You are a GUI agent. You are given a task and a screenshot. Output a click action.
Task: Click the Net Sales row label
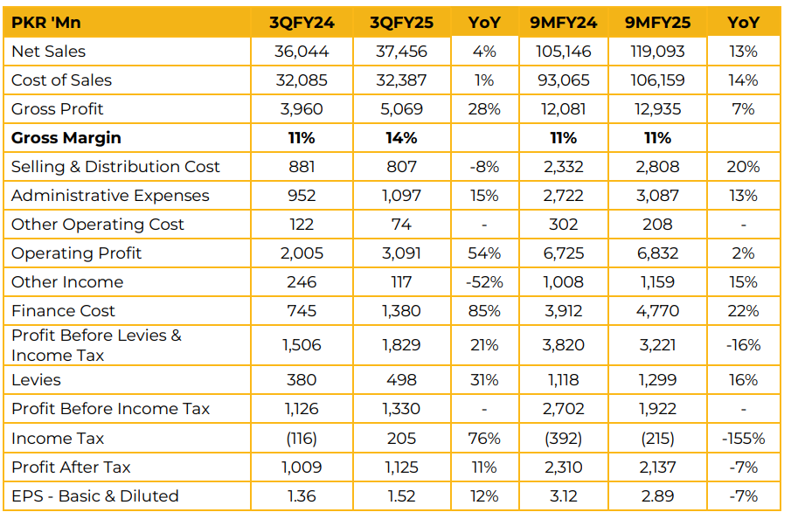pos(48,52)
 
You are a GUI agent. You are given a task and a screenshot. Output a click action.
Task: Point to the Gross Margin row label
pos(66,138)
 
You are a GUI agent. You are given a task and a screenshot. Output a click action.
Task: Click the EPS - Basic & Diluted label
pos(95,496)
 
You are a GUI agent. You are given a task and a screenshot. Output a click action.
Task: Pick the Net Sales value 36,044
pos(302,52)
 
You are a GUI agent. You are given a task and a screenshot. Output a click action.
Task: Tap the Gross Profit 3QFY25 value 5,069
pos(401,109)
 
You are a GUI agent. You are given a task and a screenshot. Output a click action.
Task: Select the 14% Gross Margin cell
pos(401,138)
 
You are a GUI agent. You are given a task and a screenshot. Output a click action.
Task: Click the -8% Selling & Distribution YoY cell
pos(482,167)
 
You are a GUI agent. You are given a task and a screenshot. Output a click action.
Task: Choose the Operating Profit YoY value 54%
pos(482,253)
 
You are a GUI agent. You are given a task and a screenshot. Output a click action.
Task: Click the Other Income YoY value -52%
pos(482,282)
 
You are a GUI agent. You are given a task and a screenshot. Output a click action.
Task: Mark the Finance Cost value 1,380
pos(401,311)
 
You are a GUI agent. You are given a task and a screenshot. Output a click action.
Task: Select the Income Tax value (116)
pos(302,439)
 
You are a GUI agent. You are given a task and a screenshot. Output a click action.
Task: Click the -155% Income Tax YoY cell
pos(743,439)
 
